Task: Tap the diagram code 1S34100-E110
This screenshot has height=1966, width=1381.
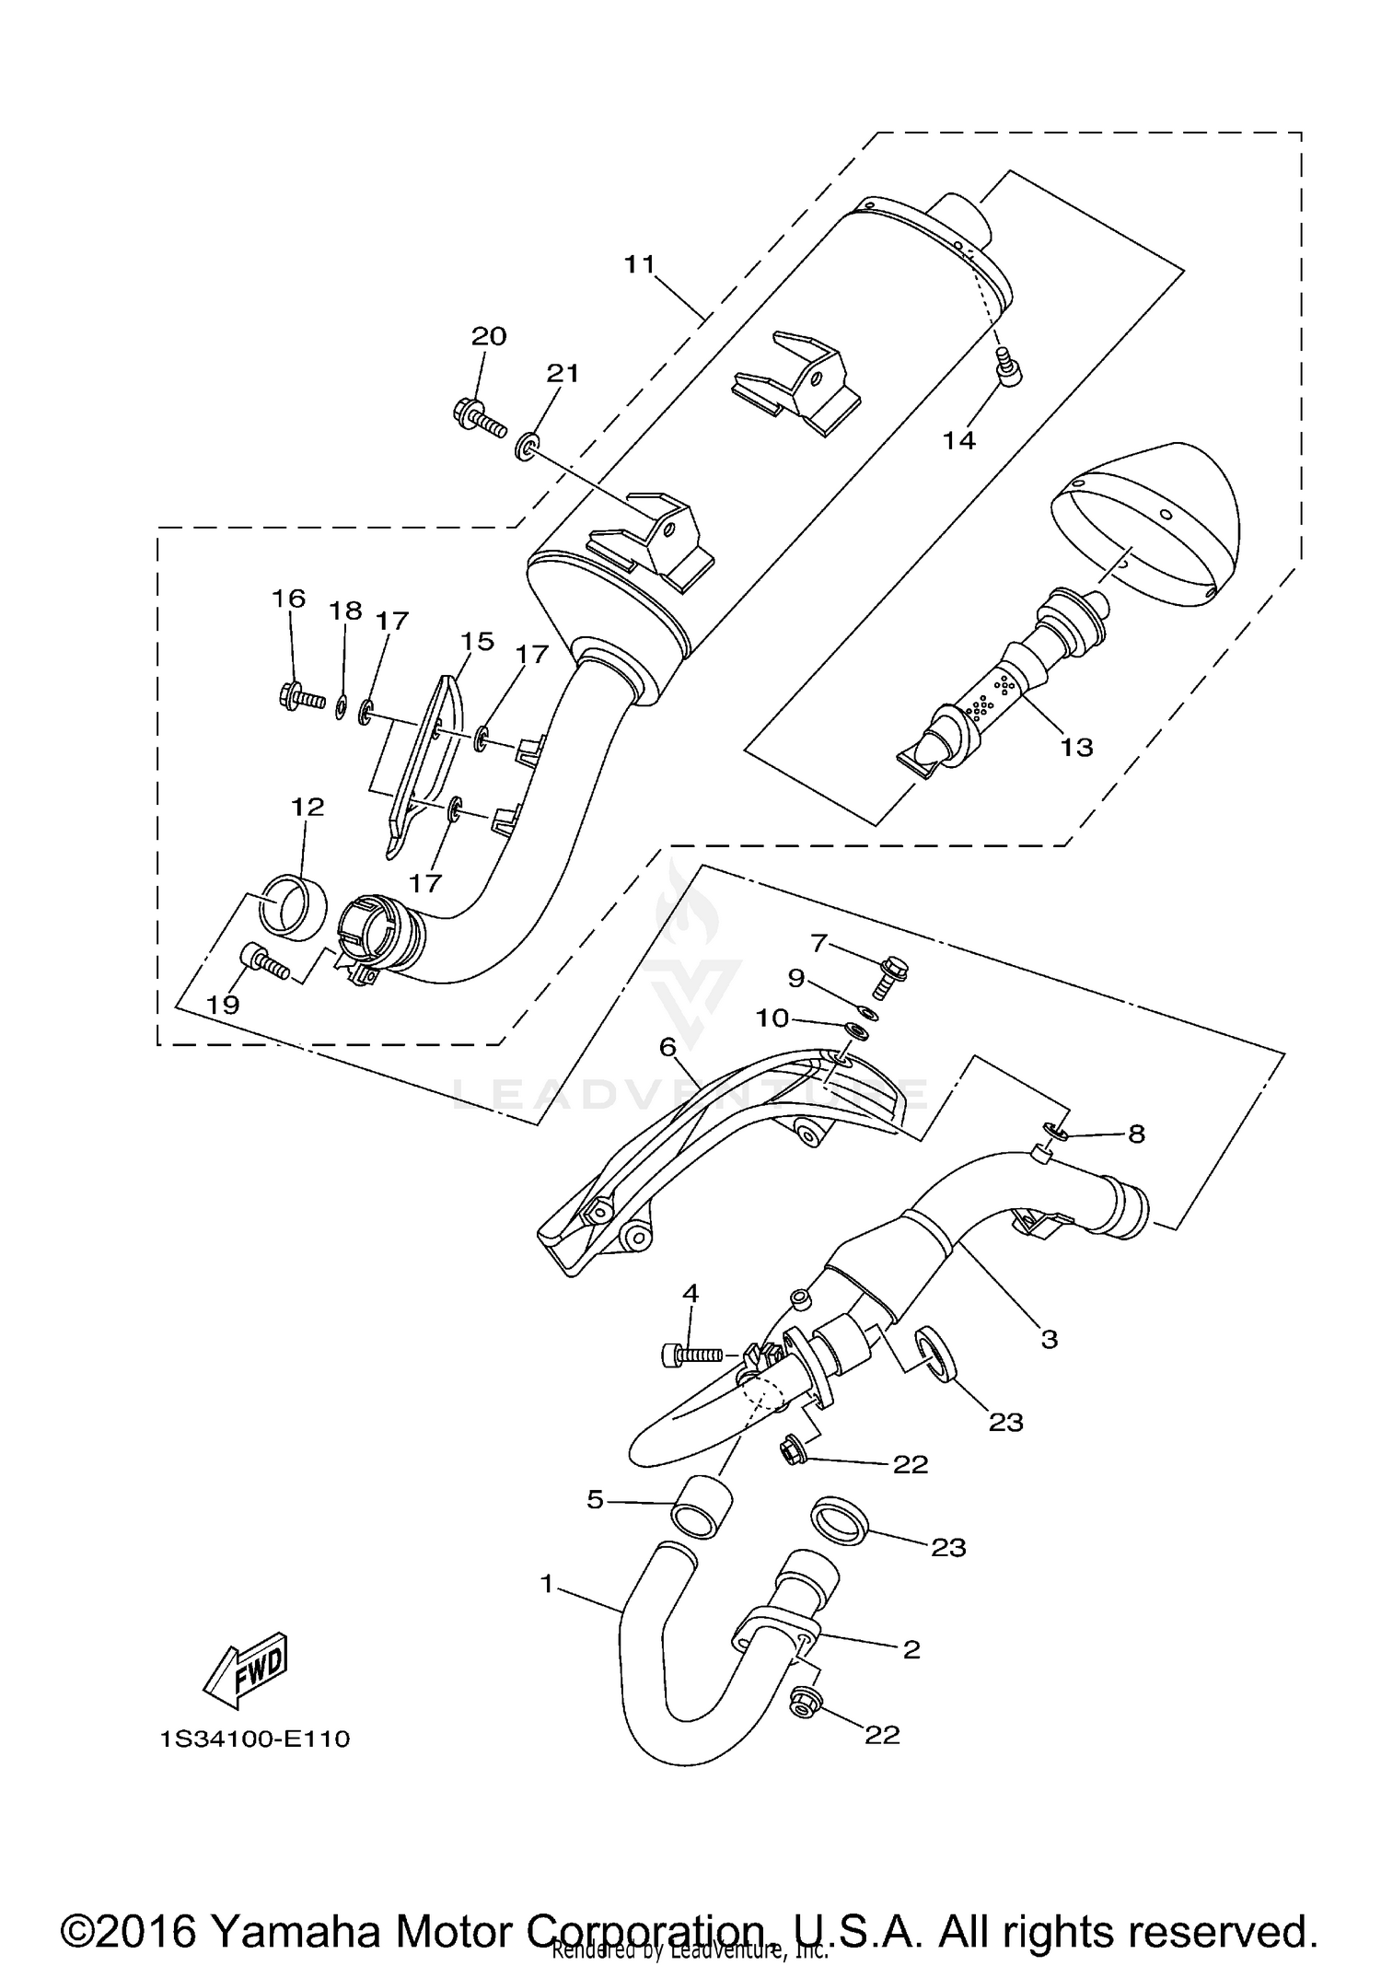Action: [x=255, y=1739]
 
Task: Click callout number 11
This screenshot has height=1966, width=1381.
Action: [x=639, y=264]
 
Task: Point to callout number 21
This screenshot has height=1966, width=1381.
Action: [x=563, y=373]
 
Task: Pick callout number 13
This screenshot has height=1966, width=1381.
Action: [x=1075, y=747]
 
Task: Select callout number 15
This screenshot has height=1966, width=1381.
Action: [x=478, y=641]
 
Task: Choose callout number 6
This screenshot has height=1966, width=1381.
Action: [x=667, y=1046]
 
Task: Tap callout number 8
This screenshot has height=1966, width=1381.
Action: [x=1136, y=1134]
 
